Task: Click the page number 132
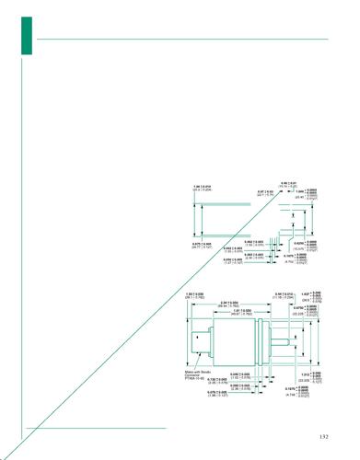tap(323, 436)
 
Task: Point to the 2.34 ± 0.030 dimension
tap(228, 303)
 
